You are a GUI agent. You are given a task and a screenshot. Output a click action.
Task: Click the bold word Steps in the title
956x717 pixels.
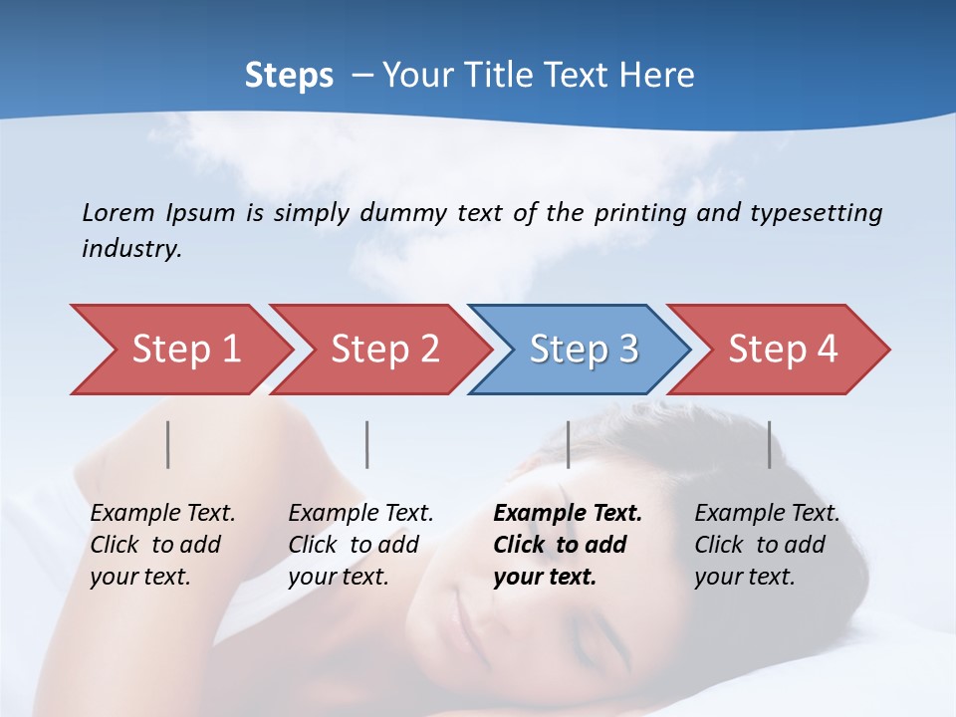[289, 76]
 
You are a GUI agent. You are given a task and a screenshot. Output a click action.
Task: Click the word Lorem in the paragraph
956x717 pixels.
[119, 212]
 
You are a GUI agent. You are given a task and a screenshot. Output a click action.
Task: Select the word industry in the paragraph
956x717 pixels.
[130, 249]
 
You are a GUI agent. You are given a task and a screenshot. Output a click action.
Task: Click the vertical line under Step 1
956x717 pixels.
[168, 444]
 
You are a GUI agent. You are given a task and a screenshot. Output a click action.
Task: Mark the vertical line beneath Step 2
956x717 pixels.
[367, 444]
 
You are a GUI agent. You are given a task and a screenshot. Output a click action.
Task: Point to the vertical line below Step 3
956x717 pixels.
[568, 444]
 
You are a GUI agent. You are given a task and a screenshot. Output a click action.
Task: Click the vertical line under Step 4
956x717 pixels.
[769, 444]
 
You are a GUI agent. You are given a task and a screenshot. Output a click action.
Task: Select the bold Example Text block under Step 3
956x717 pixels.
[567, 545]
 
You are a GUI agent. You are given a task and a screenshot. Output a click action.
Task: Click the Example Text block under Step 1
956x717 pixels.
[161, 545]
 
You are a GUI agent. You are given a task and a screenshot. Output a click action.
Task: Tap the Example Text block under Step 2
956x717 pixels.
[360, 545]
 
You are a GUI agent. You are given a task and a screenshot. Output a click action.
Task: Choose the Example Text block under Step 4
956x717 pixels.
[766, 545]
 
